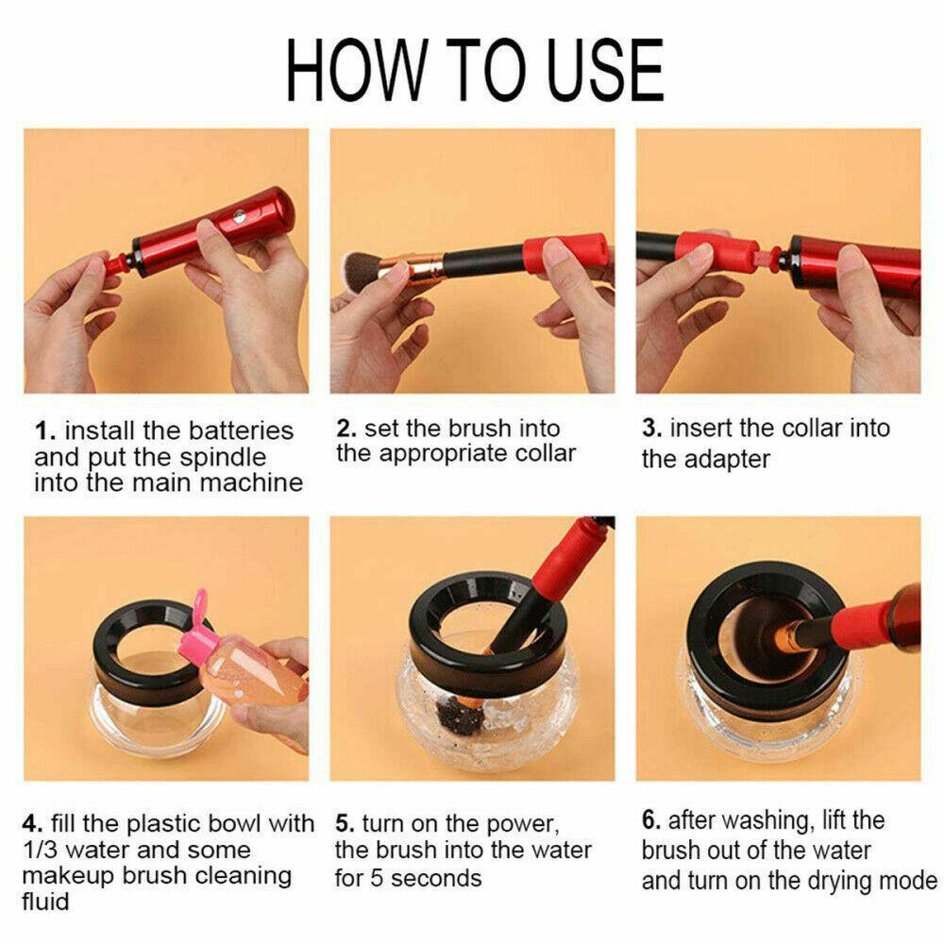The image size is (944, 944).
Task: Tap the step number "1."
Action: click(x=45, y=431)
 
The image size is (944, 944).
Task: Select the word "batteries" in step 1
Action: click(x=244, y=431)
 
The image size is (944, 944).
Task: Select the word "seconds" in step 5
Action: click(x=436, y=878)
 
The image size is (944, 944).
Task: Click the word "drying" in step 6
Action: click(x=825, y=882)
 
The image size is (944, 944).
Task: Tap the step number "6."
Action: click(x=651, y=820)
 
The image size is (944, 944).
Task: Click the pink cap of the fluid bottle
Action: click(x=198, y=623)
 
